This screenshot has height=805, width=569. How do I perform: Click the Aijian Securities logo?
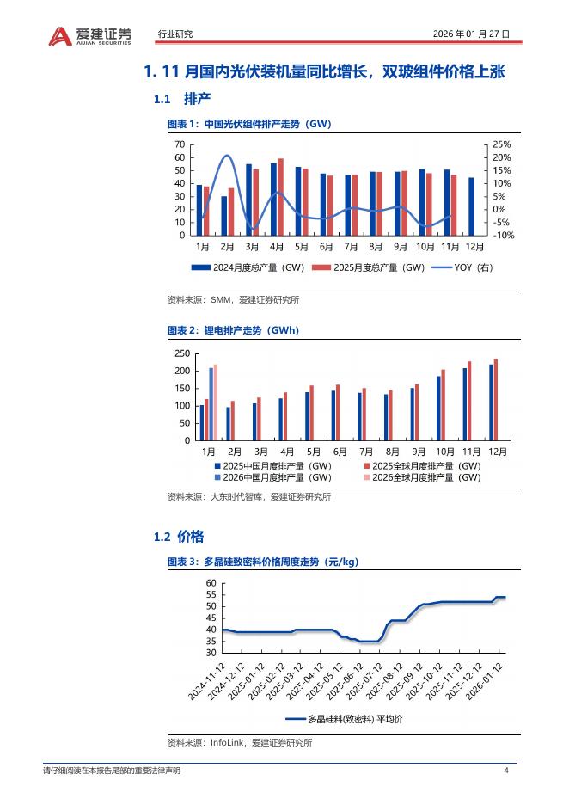coord(91,34)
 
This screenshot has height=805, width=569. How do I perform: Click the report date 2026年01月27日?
coord(471,34)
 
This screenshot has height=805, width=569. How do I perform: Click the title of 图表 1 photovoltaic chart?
coord(249,125)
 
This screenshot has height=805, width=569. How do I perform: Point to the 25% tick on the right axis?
coord(501,144)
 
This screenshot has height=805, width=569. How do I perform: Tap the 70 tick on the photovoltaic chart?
coord(180,144)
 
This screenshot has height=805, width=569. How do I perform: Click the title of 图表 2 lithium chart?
coord(233,330)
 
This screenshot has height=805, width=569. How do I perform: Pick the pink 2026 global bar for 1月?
coord(215,402)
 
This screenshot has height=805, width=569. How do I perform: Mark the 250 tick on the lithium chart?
coord(181,353)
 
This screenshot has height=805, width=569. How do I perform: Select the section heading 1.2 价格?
coord(179,537)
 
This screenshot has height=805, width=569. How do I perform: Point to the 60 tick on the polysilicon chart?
coord(211,583)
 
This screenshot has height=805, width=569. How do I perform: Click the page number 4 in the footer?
coord(506,771)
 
